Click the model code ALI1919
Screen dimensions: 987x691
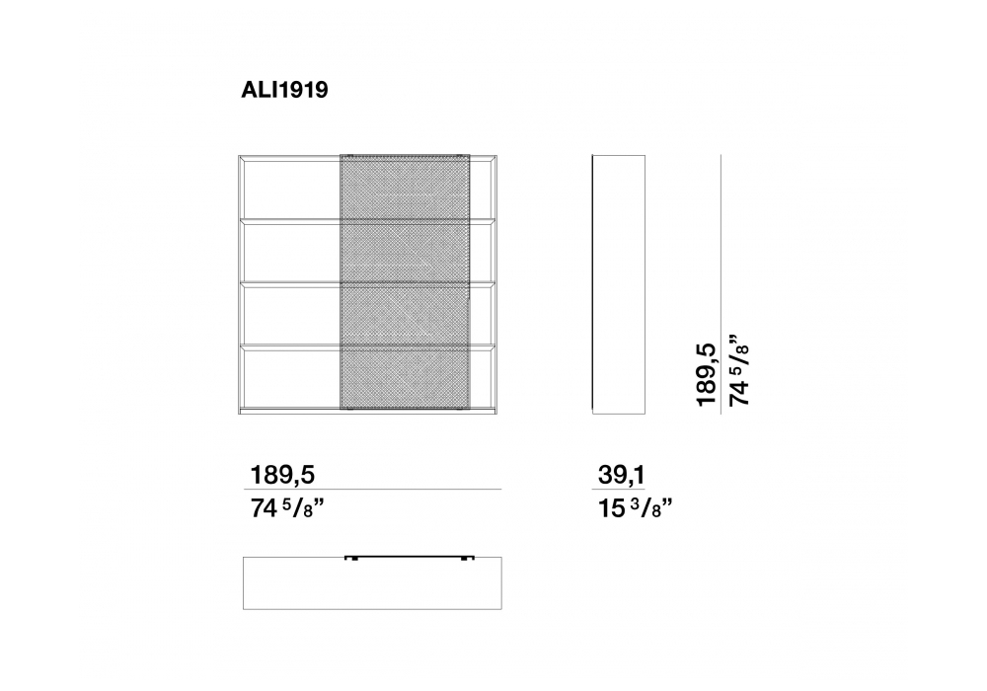click(x=284, y=90)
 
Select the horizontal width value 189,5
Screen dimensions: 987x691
click(x=282, y=475)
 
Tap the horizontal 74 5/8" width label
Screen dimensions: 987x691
click(x=287, y=507)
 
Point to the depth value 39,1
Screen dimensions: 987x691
click(x=621, y=475)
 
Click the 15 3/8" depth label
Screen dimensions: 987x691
click(x=635, y=507)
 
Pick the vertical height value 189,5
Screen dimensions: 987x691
click(x=707, y=375)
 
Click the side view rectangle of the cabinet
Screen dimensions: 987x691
click(x=619, y=284)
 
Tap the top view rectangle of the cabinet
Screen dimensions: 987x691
click(x=373, y=583)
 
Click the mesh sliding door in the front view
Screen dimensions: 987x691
click(x=405, y=284)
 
